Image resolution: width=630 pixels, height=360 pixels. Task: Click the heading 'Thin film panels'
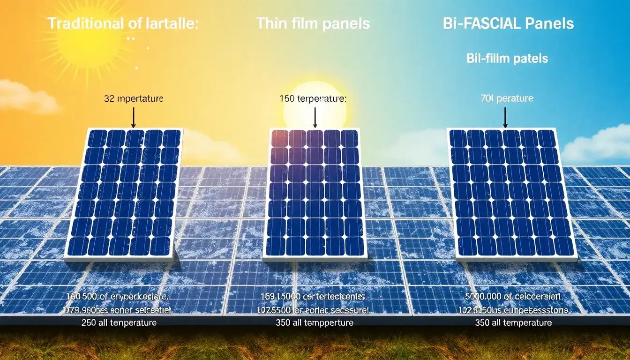(x=313, y=23)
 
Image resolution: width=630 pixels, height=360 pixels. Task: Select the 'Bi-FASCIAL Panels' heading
(x=508, y=23)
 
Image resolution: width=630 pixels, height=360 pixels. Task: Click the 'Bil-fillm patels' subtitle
(x=507, y=59)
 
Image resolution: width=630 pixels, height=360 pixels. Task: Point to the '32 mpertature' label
(x=134, y=99)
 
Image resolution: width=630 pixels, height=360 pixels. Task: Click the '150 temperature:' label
(x=313, y=99)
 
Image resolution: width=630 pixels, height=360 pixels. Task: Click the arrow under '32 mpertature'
(x=134, y=117)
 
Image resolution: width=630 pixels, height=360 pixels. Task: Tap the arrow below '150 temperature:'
(x=315, y=117)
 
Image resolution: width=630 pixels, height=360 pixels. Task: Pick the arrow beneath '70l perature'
(x=505, y=117)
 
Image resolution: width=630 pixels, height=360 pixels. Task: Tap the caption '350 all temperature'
(x=513, y=323)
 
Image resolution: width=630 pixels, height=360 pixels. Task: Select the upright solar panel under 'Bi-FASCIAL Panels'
(x=512, y=194)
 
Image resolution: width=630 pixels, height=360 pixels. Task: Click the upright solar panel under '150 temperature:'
(x=315, y=194)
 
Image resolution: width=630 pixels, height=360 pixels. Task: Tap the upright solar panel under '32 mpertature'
(x=124, y=194)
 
